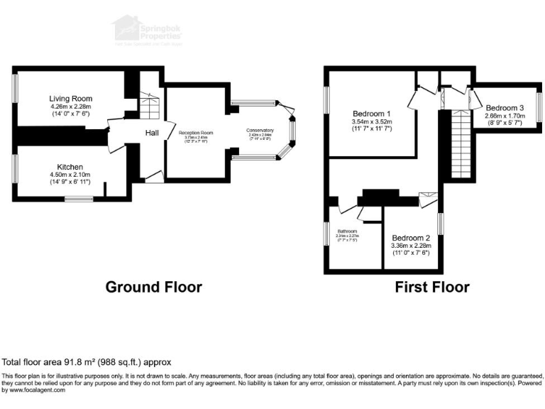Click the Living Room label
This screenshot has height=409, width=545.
[x=71, y=99]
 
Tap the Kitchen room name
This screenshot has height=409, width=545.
[x=71, y=166]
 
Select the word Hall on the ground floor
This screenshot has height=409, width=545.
[x=153, y=133]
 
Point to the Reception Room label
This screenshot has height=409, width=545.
[x=196, y=133]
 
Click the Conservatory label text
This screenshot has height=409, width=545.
[x=260, y=130]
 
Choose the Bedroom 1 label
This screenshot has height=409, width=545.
[x=372, y=114]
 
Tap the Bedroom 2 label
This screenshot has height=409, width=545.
[x=411, y=238]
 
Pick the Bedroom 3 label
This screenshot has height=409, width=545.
[x=505, y=108]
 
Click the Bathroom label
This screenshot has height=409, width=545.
[x=347, y=231]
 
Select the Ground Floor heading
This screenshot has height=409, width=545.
[x=153, y=287]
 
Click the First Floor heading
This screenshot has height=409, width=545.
[x=432, y=287]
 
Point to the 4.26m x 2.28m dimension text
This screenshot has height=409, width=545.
[x=71, y=107]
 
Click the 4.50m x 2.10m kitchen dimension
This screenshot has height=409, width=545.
[x=71, y=175]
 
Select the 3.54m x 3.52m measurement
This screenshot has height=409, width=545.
[x=372, y=122]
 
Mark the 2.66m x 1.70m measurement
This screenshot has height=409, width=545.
[x=505, y=116]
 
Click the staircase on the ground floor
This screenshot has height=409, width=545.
[x=150, y=107]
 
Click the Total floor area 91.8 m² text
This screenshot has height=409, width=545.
[x=87, y=362]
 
